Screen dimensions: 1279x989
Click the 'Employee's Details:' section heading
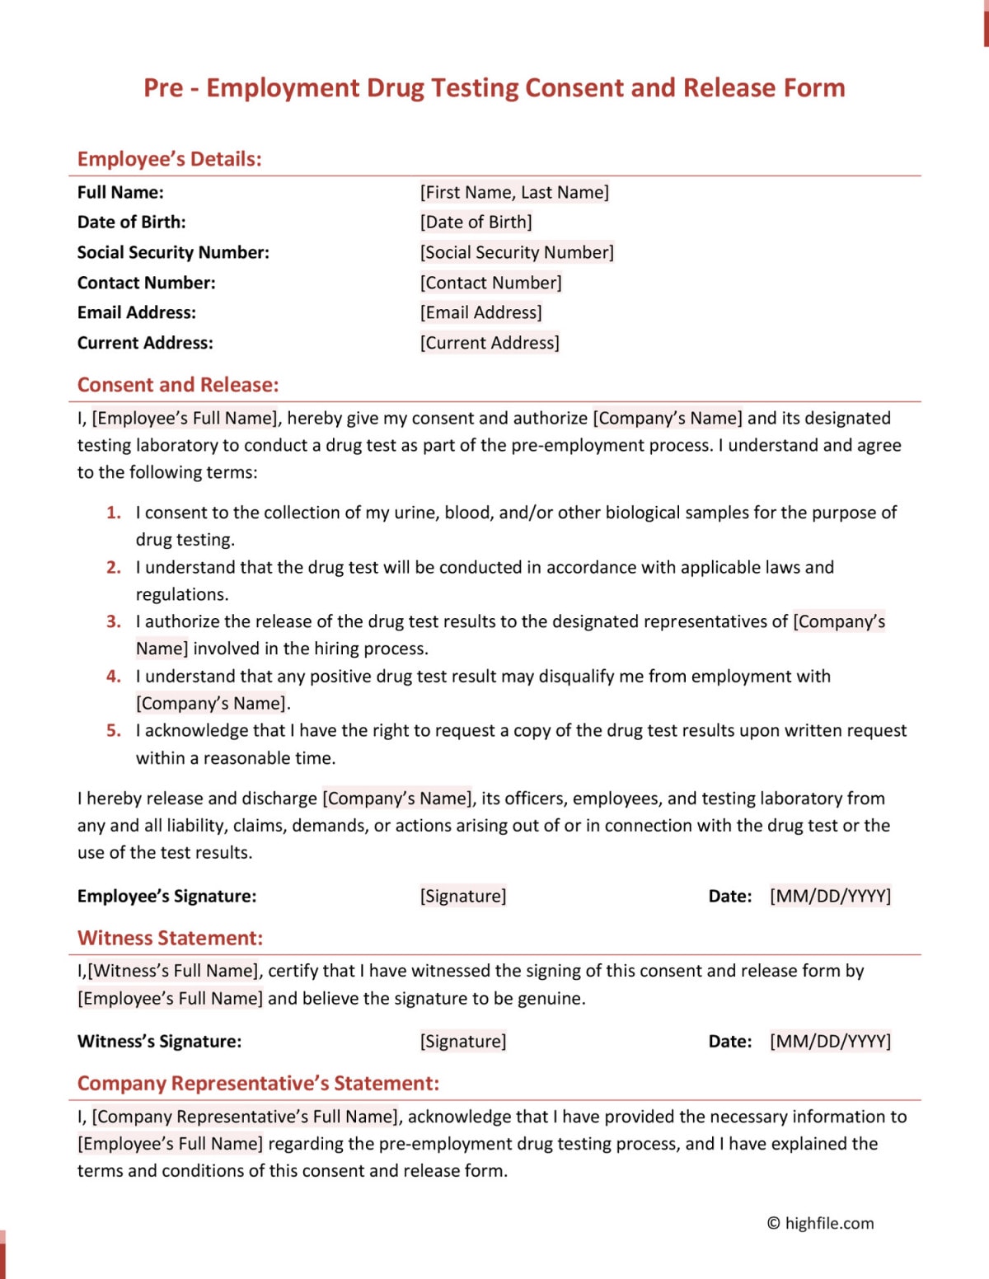(x=169, y=159)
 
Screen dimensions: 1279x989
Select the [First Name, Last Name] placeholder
(x=514, y=192)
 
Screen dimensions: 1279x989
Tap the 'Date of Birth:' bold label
(x=131, y=222)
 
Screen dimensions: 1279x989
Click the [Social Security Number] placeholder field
(x=517, y=252)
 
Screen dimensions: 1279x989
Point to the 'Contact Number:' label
(x=146, y=283)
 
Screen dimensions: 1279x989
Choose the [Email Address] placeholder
(x=480, y=312)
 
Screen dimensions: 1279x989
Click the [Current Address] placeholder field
(x=490, y=343)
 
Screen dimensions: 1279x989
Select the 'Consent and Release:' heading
(x=178, y=385)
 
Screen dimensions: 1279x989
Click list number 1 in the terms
(x=114, y=513)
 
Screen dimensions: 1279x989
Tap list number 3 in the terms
(x=114, y=621)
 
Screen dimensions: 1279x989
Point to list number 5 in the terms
(x=114, y=730)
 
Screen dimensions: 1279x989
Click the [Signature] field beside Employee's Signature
(x=463, y=896)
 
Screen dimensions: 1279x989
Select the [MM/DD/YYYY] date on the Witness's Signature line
(x=830, y=1041)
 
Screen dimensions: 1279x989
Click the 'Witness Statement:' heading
(x=170, y=938)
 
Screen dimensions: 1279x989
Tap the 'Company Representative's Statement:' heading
(x=258, y=1083)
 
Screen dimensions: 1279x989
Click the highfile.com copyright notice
(x=820, y=1223)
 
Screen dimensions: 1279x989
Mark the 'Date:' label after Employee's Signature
(x=730, y=896)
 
